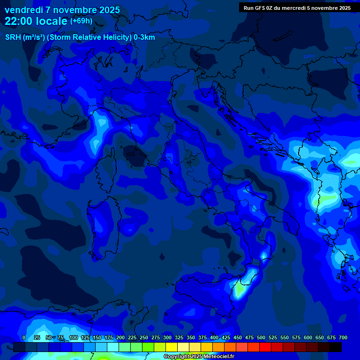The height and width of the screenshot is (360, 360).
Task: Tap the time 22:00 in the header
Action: click(x=20, y=21)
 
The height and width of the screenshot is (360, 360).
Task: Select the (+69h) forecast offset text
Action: click(x=81, y=21)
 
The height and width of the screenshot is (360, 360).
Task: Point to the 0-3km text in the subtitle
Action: click(x=144, y=37)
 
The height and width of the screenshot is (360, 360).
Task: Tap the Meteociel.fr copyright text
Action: click(x=216, y=357)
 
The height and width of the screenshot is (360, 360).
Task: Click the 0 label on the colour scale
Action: click(x=24, y=337)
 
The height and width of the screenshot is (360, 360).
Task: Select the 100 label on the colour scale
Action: click(x=73, y=337)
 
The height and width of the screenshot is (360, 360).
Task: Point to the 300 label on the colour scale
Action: click(x=167, y=337)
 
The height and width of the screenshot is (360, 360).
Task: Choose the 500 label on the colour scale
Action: click(x=261, y=337)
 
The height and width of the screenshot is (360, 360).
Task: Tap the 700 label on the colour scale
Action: click(x=343, y=337)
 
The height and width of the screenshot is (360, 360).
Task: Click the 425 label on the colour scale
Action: click(x=225, y=337)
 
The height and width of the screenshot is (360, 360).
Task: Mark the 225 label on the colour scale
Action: click(x=132, y=337)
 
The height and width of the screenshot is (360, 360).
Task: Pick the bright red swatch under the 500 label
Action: click(x=265, y=347)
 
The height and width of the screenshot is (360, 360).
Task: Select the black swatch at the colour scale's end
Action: click(x=336, y=347)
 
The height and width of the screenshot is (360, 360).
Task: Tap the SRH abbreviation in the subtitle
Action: click(x=13, y=37)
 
